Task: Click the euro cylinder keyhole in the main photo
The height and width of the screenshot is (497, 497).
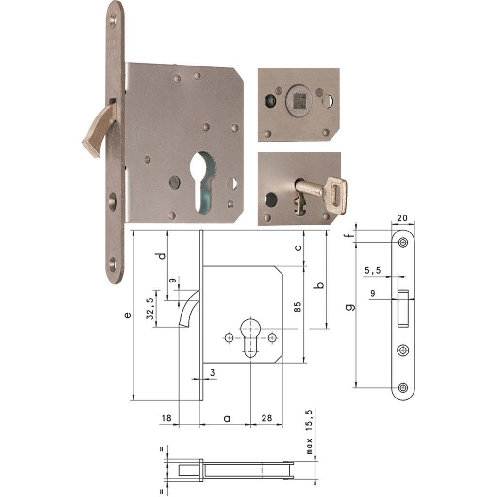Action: [x=206, y=180]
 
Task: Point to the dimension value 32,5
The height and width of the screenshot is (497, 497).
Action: [x=150, y=308]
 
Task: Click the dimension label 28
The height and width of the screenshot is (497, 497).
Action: [x=266, y=418]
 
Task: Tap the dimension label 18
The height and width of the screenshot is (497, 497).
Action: [x=167, y=418]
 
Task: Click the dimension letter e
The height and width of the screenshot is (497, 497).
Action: [x=127, y=315]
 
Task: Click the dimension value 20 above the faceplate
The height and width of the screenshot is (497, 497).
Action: [x=402, y=218]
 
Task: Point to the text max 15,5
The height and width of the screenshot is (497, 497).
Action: [x=311, y=431]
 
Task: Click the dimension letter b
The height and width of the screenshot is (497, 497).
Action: [x=319, y=285]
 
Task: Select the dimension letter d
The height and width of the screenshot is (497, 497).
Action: [x=163, y=255]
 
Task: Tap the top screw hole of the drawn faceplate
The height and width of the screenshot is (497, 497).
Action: [x=402, y=242]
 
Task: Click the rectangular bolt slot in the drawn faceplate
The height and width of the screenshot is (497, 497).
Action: [x=403, y=308]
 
